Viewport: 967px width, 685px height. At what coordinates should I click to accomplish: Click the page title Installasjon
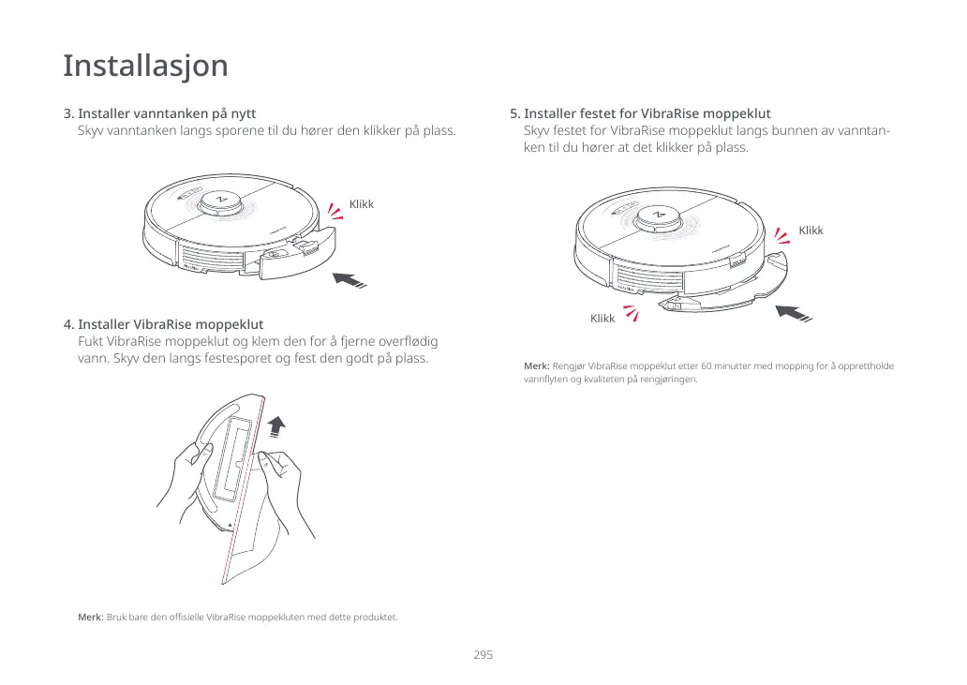145,67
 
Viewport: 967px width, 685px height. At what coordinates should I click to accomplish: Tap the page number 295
483,655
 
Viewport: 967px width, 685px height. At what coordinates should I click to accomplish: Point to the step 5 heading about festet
647,113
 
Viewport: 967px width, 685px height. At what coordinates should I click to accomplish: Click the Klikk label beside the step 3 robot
361,204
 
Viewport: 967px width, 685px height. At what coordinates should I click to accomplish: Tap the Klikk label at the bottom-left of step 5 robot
603,319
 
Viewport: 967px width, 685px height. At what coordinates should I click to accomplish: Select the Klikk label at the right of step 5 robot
811,231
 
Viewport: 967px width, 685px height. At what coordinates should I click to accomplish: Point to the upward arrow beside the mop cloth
275,426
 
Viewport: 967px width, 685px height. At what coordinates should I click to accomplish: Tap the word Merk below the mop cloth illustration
90,618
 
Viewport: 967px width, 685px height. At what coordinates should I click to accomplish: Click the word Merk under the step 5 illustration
536,365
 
